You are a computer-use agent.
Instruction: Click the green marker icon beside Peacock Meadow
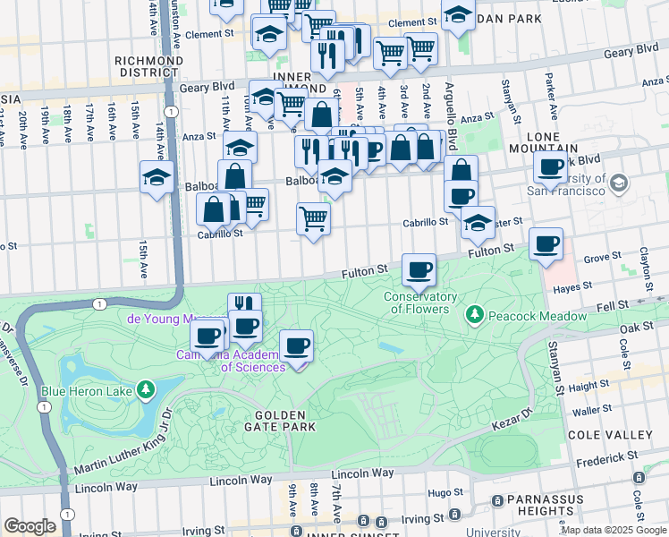(x=472, y=316)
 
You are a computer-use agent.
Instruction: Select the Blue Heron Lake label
(x=86, y=390)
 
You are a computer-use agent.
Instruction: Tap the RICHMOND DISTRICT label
(x=149, y=67)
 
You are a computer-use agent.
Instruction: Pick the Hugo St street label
(x=440, y=492)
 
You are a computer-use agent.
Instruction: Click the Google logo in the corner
(x=30, y=526)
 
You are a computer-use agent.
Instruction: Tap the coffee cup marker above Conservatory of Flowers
(x=419, y=269)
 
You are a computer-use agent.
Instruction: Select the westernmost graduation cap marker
(x=156, y=176)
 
